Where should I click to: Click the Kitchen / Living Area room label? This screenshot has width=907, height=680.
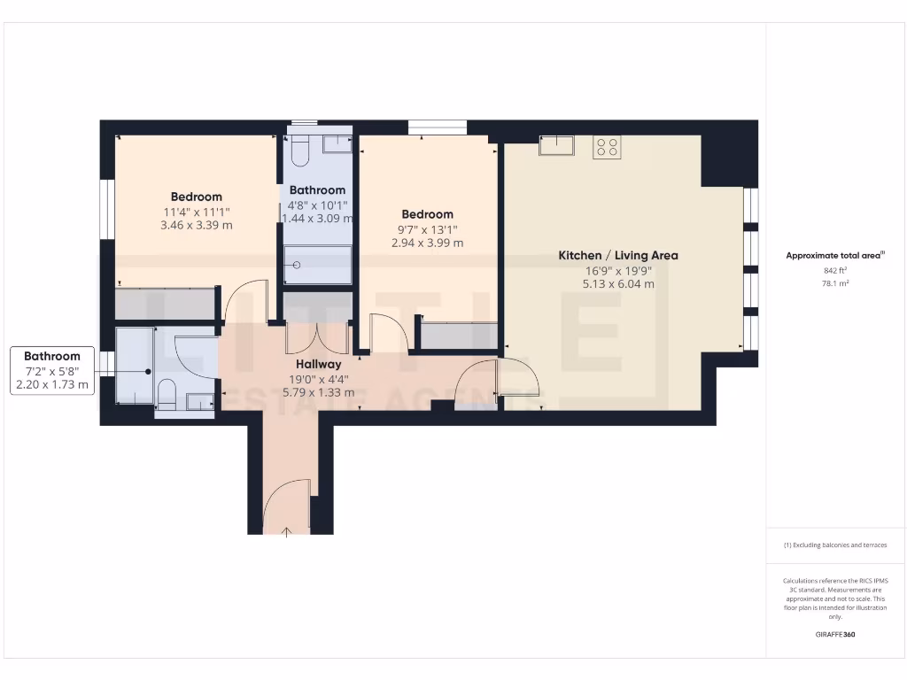coord(617,255)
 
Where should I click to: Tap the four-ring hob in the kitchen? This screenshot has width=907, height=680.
coord(607,146)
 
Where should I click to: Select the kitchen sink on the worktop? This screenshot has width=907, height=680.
coord(557,145)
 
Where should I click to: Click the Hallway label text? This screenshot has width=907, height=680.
coord(318,364)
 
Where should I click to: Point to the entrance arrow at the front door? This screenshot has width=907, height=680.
coord(287,530)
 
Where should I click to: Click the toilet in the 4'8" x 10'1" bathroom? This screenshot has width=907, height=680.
coord(298,151)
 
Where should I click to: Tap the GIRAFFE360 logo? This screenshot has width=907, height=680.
coord(835,635)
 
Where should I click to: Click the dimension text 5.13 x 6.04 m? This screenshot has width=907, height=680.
coord(617,284)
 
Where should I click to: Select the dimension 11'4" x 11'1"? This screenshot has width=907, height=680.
coord(197,212)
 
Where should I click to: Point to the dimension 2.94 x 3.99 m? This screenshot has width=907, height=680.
coord(427,243)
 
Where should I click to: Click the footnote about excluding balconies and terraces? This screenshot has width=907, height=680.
coord(835,545)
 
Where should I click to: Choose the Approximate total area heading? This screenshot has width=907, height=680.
coord(835,255)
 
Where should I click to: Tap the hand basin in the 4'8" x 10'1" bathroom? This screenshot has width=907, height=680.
coord(336,144)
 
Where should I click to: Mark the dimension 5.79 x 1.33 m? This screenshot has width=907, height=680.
coord(318,392)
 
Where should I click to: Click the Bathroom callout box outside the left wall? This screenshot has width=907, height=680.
coord(52,370)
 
